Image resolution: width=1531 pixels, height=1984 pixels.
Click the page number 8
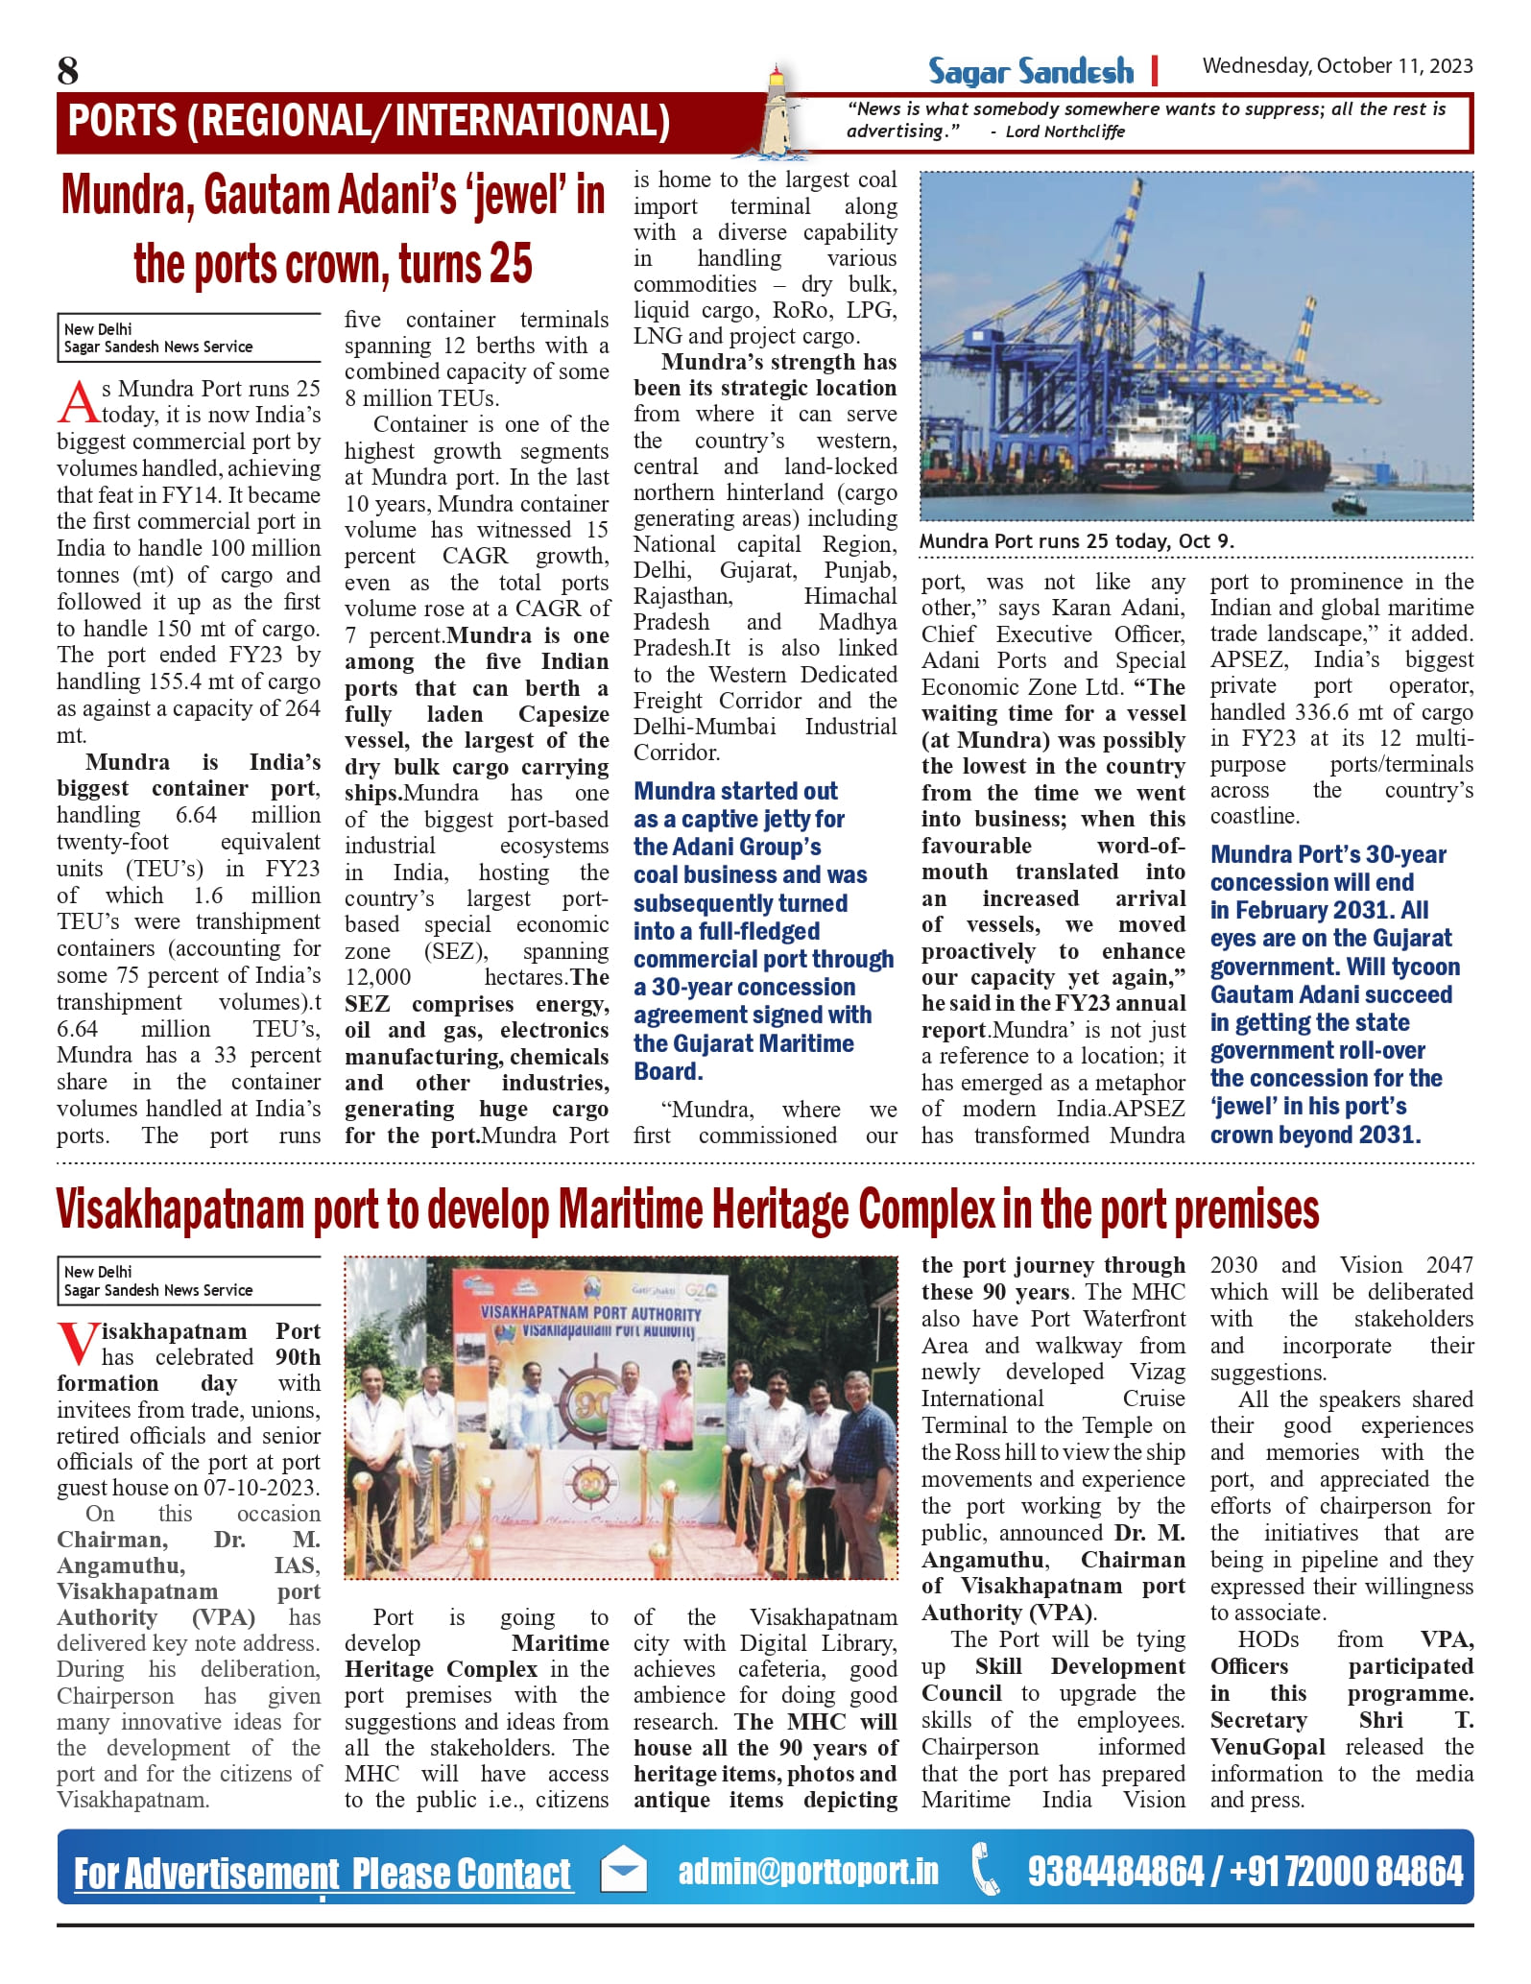click(x=68, y=71)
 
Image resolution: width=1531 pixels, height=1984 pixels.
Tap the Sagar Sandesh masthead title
click(x=1030, y=72)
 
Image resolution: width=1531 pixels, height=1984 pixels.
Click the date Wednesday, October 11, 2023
click(x=1337, y=66)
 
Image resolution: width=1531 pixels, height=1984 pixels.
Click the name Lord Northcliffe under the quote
click(x=1065, y=131)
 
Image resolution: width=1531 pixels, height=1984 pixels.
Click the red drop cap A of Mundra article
click(x=78, y=402)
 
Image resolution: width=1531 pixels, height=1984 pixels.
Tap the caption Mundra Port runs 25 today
click(x=1076, y=541)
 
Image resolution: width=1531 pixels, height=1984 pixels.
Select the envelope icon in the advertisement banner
click(x=623, y=1872)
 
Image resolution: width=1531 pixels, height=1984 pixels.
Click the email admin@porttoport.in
click(x=808, y=1872)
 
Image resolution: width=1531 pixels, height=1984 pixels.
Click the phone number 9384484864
click(x=1115, y=1872)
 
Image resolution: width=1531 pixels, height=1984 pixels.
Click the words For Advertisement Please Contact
click(x=323, y=1874)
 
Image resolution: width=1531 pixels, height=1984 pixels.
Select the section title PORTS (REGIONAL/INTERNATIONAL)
click(x=370, y=122)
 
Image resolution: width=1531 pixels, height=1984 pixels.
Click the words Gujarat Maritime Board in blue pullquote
click(x=743, y=1057)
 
